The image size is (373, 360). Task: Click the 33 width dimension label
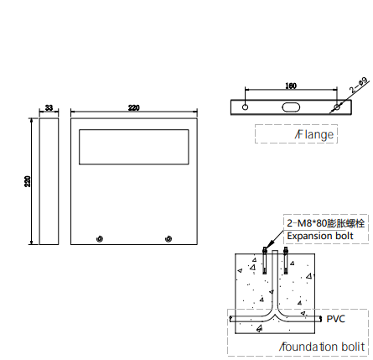[49, 107]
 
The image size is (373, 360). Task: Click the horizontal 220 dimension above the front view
[134, 107]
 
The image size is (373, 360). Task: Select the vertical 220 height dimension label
[28, 181]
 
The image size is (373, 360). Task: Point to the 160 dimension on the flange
[291, 86]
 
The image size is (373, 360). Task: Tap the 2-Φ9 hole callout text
[359, 86]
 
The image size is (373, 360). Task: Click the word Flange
[314, 134]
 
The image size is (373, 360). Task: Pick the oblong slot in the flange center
[291, 107]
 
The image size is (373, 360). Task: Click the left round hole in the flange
[245, 107]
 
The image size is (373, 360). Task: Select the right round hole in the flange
[337, 107]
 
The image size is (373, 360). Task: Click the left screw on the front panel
[100, 239]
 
